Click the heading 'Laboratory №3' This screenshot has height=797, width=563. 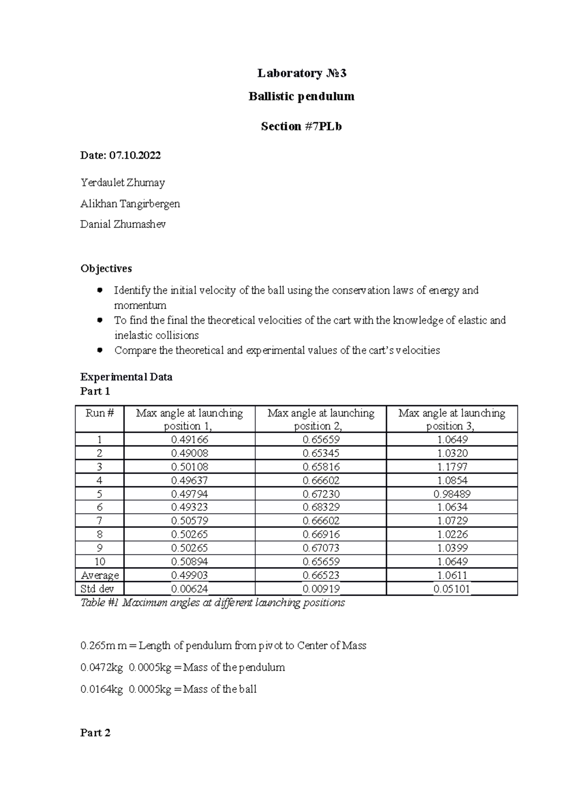click(302, 73)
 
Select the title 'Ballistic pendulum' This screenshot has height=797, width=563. click(301, 97)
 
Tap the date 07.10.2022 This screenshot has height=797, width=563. click(135, 155)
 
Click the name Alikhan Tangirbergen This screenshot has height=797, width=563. click(130, 204)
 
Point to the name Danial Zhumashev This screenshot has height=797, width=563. click(123, 224)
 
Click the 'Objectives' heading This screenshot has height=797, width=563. click(106, 268)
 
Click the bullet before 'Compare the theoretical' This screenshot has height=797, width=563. click(99, 350)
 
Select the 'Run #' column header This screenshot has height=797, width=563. click(99, 413)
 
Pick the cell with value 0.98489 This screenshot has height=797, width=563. click(452, 494)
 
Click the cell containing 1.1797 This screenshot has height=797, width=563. click(452, 467)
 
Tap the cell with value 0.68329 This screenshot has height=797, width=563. click(321, 507)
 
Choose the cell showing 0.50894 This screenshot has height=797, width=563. click(190, 561)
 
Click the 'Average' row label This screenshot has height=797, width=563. click(100, 575)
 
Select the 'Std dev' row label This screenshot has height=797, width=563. click(98, 589)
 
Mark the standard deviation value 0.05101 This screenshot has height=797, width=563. click(452, 589)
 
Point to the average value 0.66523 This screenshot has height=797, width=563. click(321, 575)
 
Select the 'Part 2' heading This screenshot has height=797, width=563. click(95, 733)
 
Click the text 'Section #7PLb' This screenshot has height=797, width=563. click(301, 126)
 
